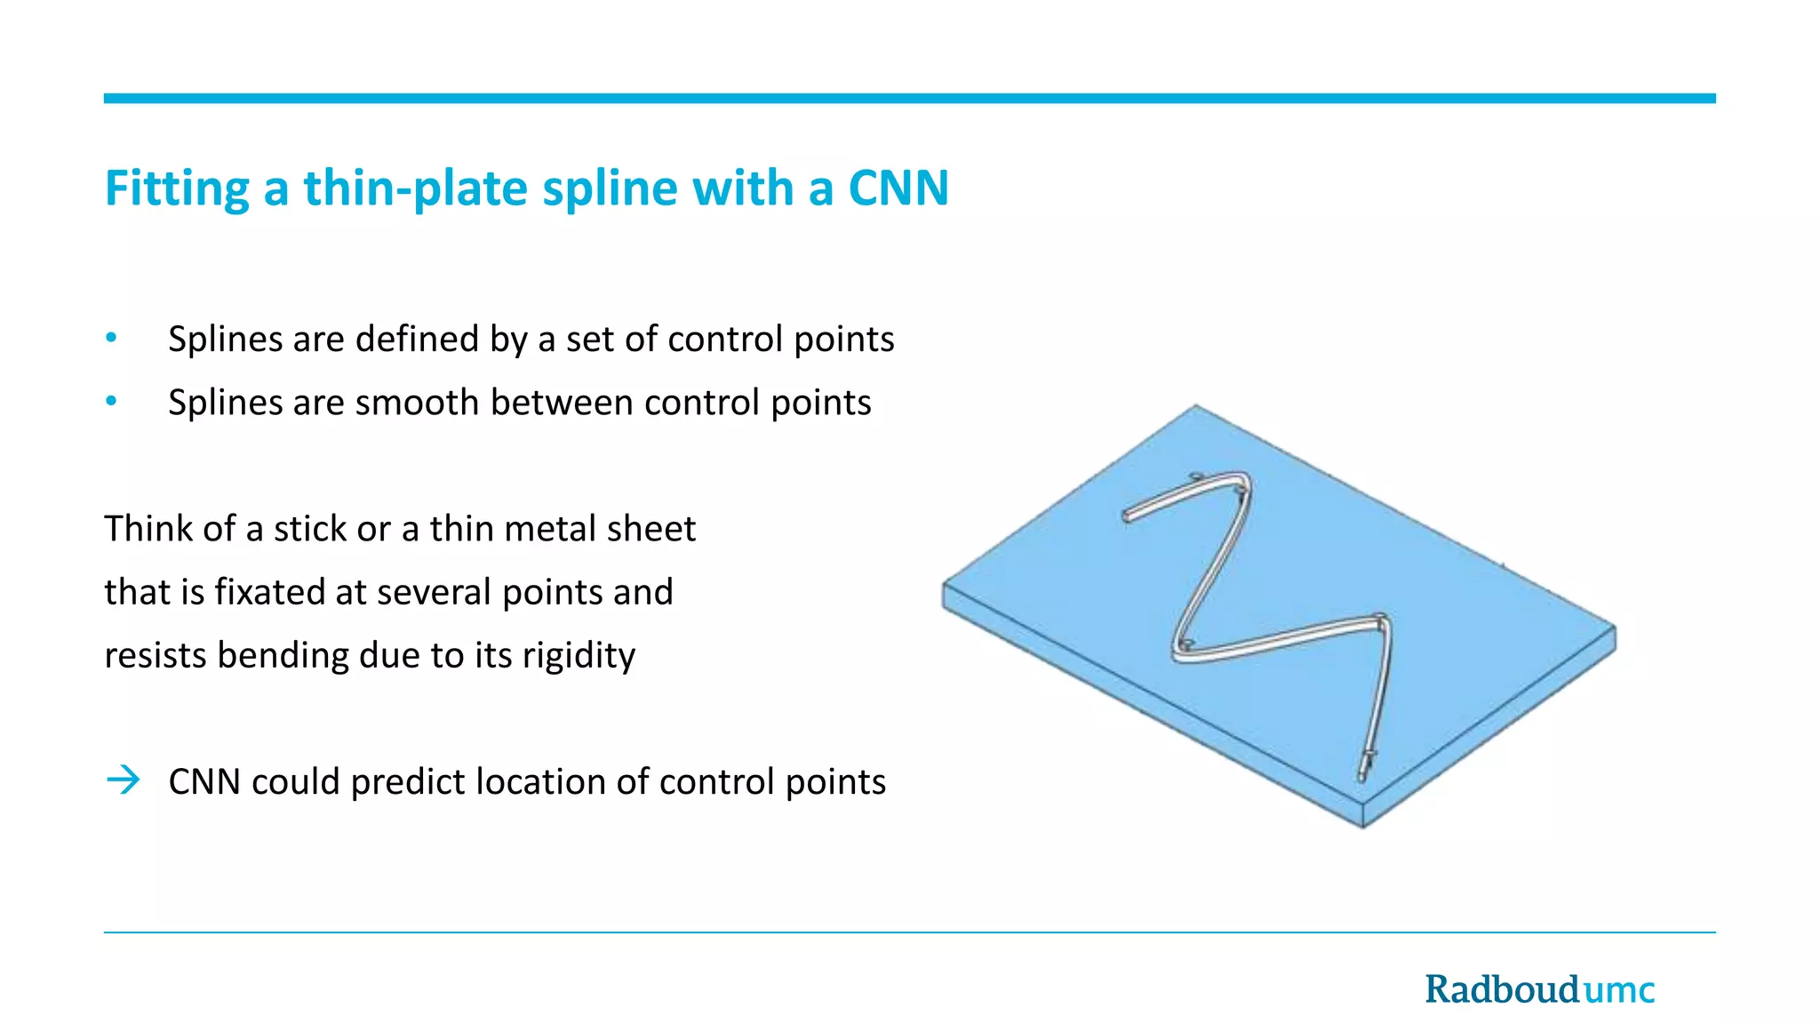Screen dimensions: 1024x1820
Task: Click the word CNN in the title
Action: click(x=898, y=188)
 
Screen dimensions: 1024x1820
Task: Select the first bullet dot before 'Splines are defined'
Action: click(x=111, y=338)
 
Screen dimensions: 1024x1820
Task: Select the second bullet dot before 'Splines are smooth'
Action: click(x=111, y=402)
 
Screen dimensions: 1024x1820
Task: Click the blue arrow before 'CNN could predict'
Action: click(x=124, y=780)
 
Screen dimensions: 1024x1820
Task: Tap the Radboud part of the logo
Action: click(x=1502, y=989)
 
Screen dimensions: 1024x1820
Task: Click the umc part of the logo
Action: click(x=1619, y=990)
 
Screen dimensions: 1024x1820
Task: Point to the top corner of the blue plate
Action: click(x=1195, y=408)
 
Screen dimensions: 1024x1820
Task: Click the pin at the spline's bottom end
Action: click(x=1365, y=764)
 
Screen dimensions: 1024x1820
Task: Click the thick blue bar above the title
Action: click(x=909, y=99)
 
